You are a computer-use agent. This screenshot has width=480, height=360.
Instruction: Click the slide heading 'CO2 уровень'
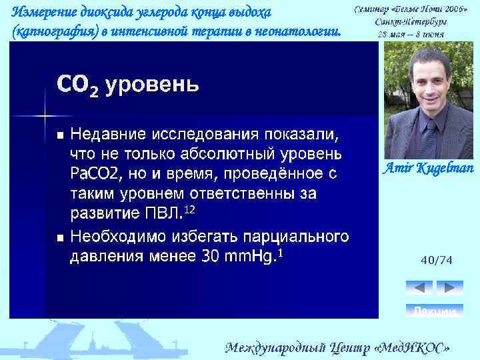[128, 85]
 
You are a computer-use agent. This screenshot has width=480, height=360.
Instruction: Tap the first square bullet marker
[60, 135]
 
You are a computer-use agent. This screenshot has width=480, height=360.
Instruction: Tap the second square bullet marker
[60, 237]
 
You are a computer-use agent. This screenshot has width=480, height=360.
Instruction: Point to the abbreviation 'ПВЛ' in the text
[161, 214]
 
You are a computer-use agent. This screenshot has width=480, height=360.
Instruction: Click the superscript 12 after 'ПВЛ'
[189, 210]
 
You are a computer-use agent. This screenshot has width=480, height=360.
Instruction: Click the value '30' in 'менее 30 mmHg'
[214, 257]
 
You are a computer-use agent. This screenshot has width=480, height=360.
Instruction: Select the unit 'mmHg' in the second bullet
[252, 257]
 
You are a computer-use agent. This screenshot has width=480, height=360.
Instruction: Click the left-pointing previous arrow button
[419, 287]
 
